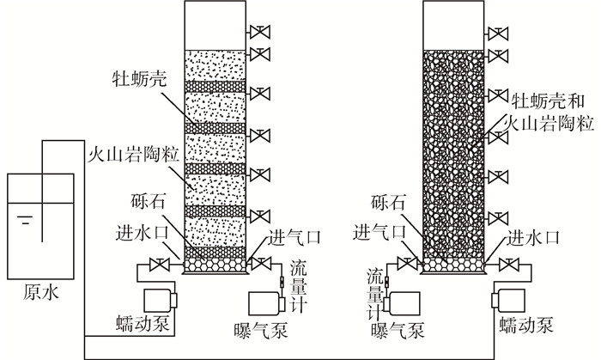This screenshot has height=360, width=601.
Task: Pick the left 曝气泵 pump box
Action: [x=267, y=304]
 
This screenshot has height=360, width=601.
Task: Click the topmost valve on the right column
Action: [x=496, y=34]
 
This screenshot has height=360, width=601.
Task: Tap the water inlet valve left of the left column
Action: [x=158, y=264]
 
